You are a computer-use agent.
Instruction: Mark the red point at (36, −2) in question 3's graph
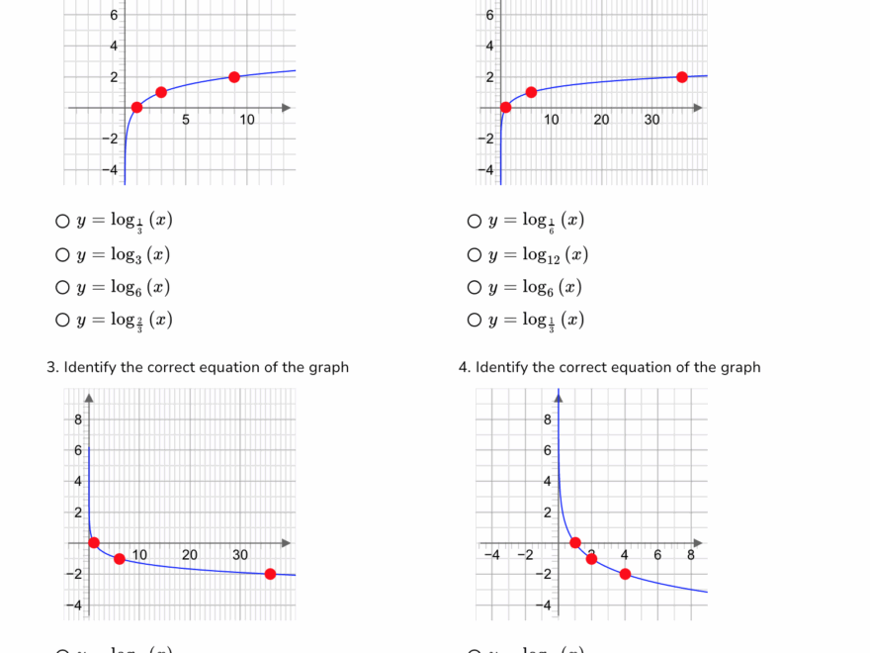point(270,574)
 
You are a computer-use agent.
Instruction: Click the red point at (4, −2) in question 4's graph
point(625,574)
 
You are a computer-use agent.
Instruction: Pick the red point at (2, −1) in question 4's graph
point(591,559)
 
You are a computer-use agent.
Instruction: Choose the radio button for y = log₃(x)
point(62,255)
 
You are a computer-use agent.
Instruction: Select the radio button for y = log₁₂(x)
point(475,255)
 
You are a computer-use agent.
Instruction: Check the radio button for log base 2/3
point(62,320)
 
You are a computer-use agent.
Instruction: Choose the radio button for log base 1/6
point(475,222)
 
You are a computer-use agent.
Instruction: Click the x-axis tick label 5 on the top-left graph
point(186,121)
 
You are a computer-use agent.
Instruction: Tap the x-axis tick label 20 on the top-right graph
point(601,121)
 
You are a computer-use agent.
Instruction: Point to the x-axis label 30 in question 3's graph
point(240,556)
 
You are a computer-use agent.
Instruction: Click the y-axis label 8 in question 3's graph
point(78,420)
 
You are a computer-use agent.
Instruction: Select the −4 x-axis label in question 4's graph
point(492,556)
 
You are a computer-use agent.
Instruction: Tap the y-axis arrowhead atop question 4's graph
point(559,397)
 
